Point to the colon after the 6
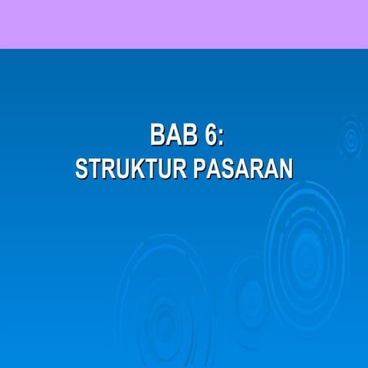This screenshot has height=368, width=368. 221,138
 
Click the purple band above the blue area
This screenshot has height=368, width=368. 184,23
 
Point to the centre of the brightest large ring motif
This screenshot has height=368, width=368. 307,257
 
